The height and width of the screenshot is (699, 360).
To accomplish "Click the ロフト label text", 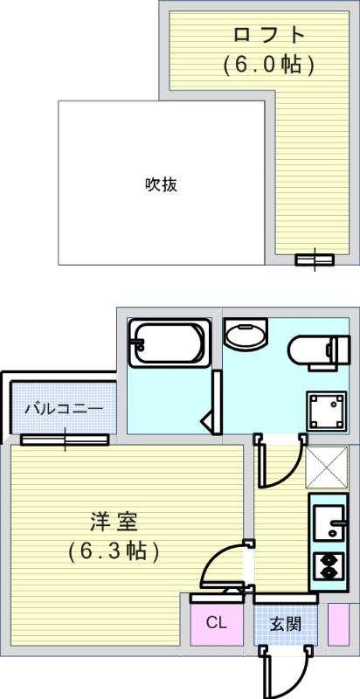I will coord(268,36).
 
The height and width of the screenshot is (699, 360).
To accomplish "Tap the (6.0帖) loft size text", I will coord(268,64).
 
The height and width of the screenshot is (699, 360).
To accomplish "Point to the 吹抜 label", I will coord(162,184).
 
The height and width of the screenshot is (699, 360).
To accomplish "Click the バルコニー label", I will coord(63,408).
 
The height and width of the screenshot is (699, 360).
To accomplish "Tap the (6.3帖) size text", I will coord(114,551).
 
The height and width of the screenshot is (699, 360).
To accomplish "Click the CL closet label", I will coord(217,623).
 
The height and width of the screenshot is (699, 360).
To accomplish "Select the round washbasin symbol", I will coord(247,335).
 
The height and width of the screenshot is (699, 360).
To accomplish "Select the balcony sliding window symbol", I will coord(65,439).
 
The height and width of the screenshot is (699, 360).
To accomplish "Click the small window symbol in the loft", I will coord(315,259).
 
